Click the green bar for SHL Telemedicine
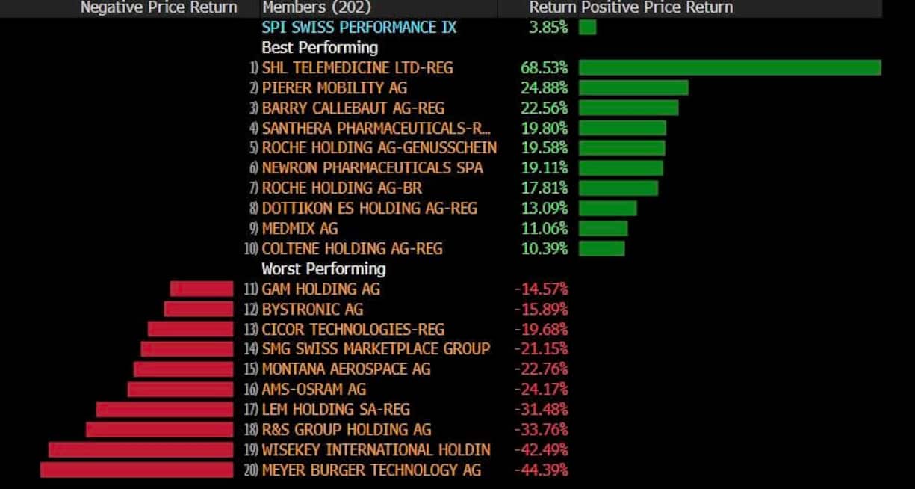coord(730,68)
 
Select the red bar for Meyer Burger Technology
coord(137,470)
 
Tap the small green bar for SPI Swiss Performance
coord(587,28)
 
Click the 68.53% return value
coord(544,68)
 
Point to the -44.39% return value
coord(541,470)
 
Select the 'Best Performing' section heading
coord(320,48)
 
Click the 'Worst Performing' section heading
coord(323,269)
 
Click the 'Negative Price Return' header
coord(158,7)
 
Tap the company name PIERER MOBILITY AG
coord(334,88)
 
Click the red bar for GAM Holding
coord(202,289)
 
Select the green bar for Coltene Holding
coord(601,248)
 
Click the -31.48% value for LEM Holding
coord(541,410)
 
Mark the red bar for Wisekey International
coord(140,449)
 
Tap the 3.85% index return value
coord(548,28)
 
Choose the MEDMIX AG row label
coord(300,229)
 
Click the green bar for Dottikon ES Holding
coord(607,209)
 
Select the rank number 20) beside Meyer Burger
coord(251,470)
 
